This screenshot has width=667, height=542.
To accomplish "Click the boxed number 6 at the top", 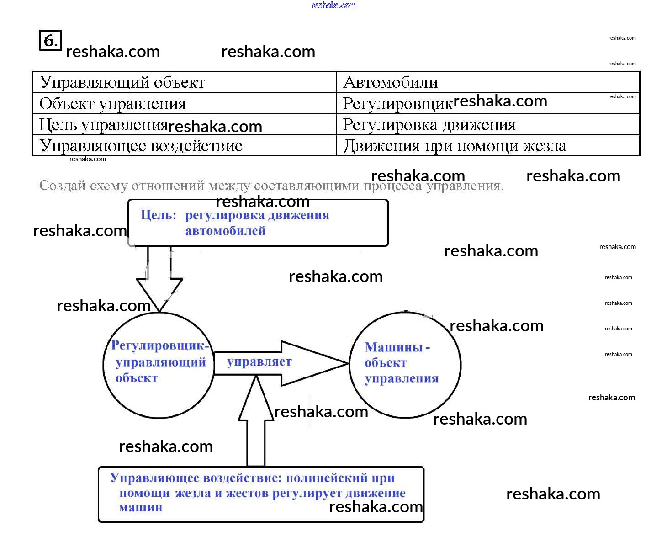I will click(x=50, y=40).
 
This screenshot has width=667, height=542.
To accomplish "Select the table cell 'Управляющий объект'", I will click(x=122, y=82).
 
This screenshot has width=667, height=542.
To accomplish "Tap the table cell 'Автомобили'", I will click(x=390, y=82).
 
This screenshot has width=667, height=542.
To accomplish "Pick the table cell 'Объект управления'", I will click(x=112, y=104).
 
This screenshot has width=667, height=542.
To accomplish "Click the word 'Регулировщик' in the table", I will click(x=397, y=104).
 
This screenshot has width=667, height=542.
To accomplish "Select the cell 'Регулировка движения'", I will click(x=429, y=125).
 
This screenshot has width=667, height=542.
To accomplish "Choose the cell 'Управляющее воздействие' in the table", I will click(x=141, y=146).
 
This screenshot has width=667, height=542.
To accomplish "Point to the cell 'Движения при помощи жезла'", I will click(x=454, y=146).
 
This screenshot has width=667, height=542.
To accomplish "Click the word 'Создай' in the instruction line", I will click(x=62, y=186).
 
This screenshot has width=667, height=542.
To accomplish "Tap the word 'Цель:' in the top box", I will click(x=158, y=215).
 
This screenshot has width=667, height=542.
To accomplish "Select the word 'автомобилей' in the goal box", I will click(x=225, y=231).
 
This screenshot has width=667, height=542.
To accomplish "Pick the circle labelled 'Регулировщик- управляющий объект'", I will click(x=159, y=365).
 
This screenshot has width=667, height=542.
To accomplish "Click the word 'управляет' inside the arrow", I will click(x=259, y=362).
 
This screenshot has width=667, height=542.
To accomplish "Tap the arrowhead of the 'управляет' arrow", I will click(x=315, y=363).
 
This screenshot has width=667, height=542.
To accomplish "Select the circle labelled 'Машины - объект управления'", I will click(x=405, y=365).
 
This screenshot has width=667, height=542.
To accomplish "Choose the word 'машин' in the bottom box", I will click(x=141, y=507).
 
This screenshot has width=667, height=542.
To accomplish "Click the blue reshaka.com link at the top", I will click(x=333, y=5).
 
